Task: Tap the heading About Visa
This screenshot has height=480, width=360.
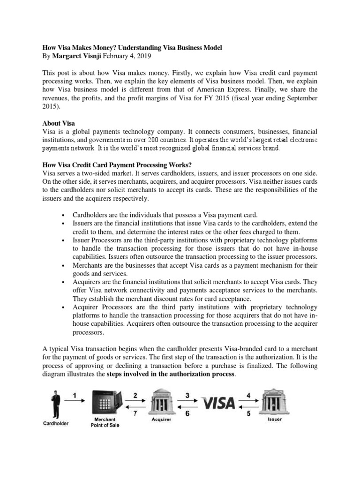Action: (59, 123)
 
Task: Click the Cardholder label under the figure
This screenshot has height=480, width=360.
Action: (56, 423)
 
